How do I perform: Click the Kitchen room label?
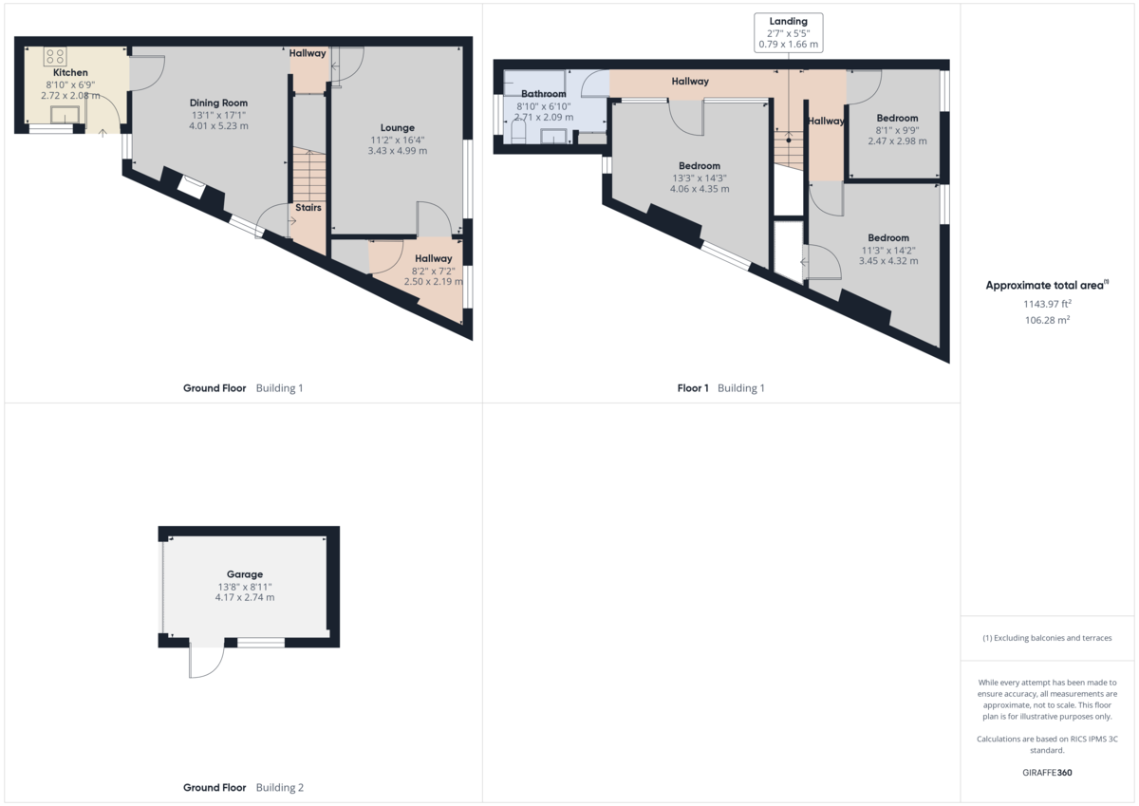pyautogui.click(x=70, y=73)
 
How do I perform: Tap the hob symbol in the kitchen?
pyautogui.click(x=54, y=56)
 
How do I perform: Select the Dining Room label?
pyautogui.click(x=218, y=103)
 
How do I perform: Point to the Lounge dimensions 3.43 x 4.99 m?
pyautogui.click(x=397, y=151)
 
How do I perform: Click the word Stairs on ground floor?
pyautogui.click(x=308, y=207)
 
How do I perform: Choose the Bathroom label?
pyautogui.click(x=544, y=94)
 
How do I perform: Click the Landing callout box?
pyautogui.click(x=788, y=32)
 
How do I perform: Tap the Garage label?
pyautogui.click(x=245, y=574)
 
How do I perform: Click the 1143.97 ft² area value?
pyautogui.click(x=1047, y=304)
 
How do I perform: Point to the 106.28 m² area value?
pyautogui.click(x=1047, y=321)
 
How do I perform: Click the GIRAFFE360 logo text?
pyautogui.click(x=1047, y=773)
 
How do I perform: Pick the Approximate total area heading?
pyautogui.click(x=1046, y=285)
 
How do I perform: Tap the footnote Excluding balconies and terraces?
pyautogui.click(x=1047, y=638)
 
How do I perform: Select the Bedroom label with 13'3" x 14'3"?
pyautogui.click(x=700, y=166)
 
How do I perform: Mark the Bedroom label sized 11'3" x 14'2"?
pyautogui.click(x=888, y=238)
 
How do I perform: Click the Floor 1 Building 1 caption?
pyautogui.click(x=720, y=388)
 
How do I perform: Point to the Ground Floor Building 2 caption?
pyautogui.click(x=243, y=788)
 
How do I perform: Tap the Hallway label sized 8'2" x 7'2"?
pyautogui.click(x=433, y=258)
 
